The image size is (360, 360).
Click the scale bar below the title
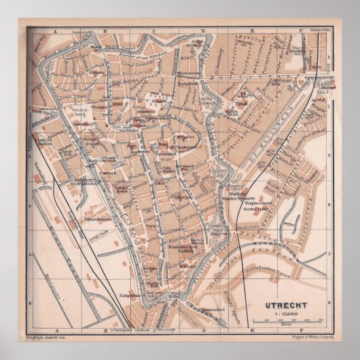(285, 301)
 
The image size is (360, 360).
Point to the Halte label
(315, 67)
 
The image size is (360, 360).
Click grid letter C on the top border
(154, 32)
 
